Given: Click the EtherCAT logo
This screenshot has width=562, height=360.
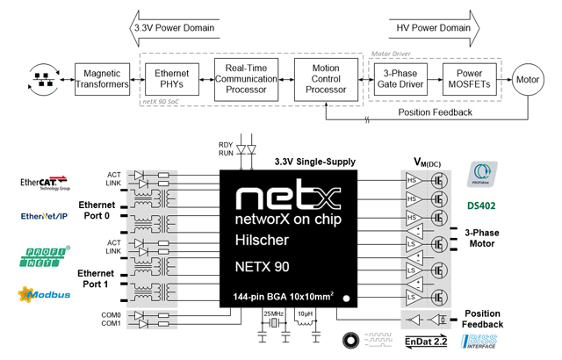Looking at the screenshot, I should (x=44, y=183).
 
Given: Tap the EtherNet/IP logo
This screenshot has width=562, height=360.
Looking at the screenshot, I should (x=44, y=216).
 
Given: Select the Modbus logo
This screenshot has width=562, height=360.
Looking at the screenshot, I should (x=44, y=294).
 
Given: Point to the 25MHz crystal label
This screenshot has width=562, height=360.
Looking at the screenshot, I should (x=274, y=313).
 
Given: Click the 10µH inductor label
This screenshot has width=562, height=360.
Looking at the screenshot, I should (x=306, y=313).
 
